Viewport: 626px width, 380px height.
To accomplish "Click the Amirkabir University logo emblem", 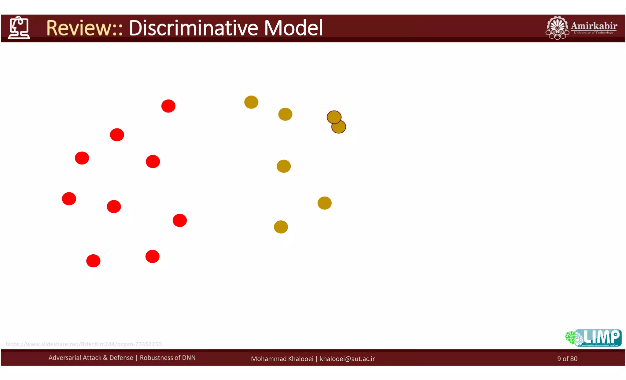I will (x=557, y=28).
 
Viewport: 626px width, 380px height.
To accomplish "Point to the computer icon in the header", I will (x=19, y=28).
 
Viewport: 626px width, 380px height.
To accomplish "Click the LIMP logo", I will (x=593, y=338).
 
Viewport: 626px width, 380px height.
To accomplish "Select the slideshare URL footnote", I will (x=83, y=344).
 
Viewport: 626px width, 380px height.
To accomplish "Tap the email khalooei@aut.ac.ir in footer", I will (x=347, y=359).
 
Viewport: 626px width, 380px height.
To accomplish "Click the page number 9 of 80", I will (x=567, y=359).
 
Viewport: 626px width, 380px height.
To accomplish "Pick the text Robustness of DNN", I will (x=168, y=358).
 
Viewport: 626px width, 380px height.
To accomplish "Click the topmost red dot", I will (x=168, y=106).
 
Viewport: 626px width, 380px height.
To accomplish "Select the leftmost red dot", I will (x=69, y=199).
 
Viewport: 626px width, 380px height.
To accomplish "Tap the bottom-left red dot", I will (x=93, y=261).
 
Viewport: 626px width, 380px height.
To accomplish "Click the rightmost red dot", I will (x=180, y=220).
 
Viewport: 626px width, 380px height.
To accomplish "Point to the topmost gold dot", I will (x=251, y=102).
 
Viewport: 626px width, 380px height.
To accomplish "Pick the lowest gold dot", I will (x=281, y=227).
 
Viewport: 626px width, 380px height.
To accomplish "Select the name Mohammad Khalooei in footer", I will (x=282, y=359).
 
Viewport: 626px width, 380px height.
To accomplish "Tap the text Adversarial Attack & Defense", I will (x=91, y=358).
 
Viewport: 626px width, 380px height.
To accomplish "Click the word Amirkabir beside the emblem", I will (x=594, y=26).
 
